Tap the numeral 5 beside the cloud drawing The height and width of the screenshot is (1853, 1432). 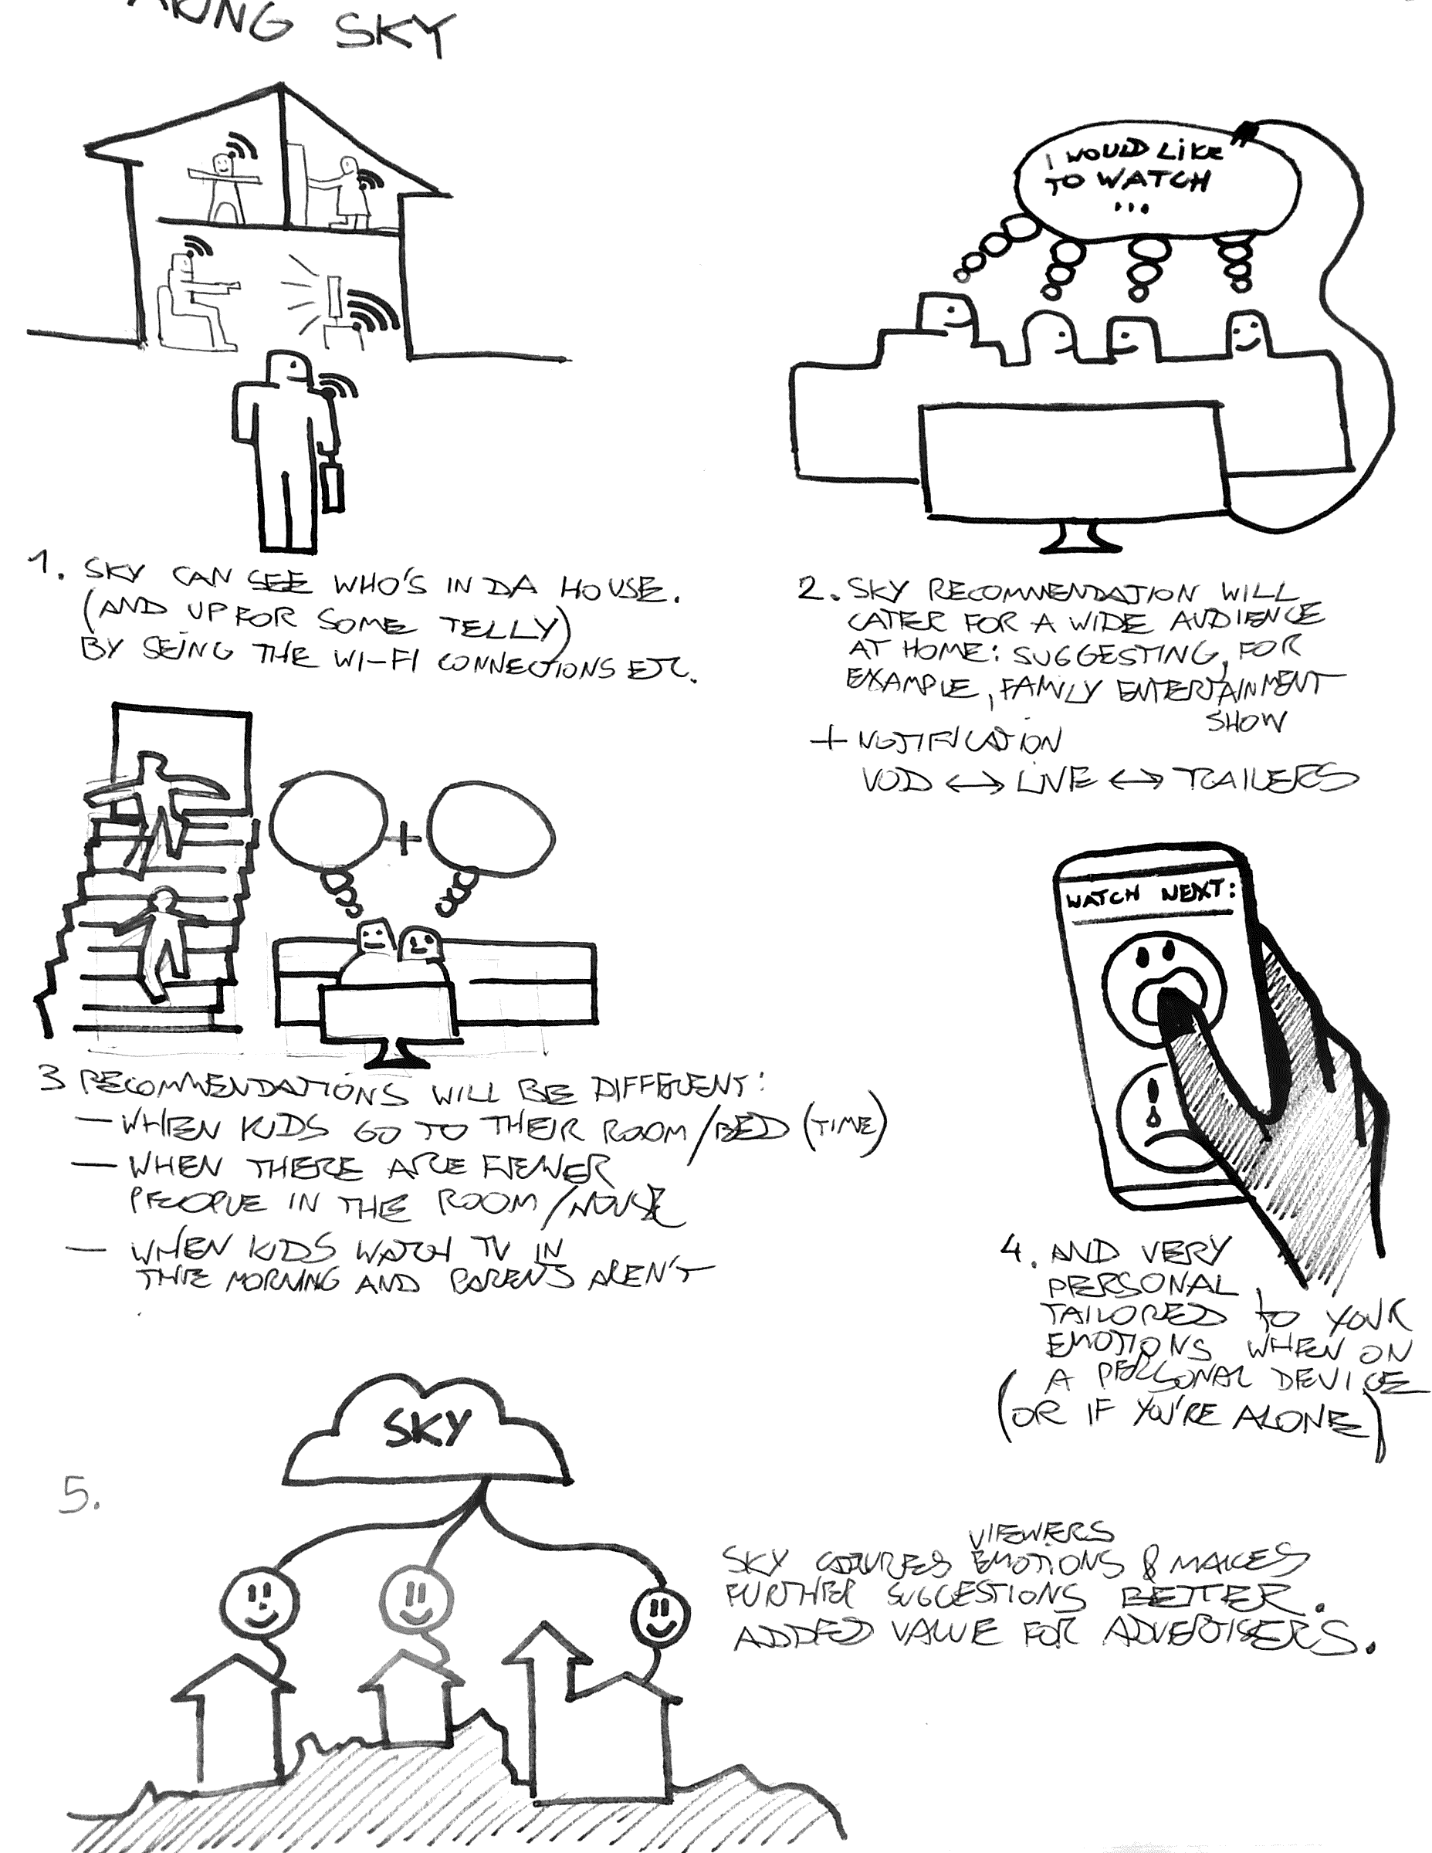pyautogui.click(x=79, y=1499)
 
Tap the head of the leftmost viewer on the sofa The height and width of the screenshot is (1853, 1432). pyautogui.click(x=942, y=317)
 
